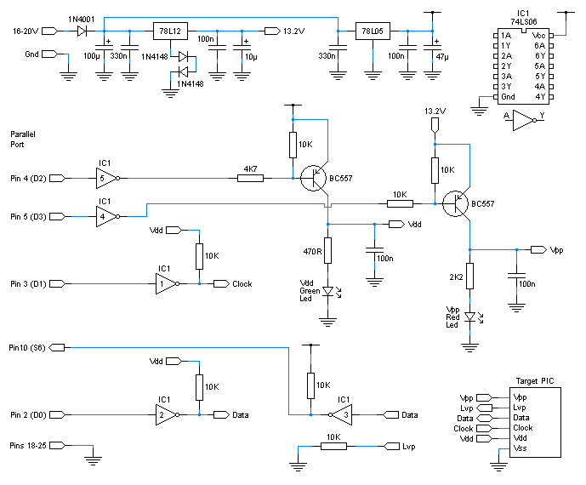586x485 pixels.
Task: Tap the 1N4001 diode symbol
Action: pos(82,31)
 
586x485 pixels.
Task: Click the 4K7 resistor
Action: pos(251,179)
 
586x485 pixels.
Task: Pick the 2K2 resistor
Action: pos(468,277)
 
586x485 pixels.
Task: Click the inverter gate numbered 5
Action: pos(105,179)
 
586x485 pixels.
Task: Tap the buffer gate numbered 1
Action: pos(165,283)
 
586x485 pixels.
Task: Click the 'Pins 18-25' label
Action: pos(28,445)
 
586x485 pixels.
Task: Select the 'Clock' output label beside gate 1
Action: pos(242,283)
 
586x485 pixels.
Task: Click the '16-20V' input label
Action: pos(24,31)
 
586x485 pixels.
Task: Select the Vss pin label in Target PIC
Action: pos(520,448)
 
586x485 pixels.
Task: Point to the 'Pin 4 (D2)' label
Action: pos(27,179)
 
